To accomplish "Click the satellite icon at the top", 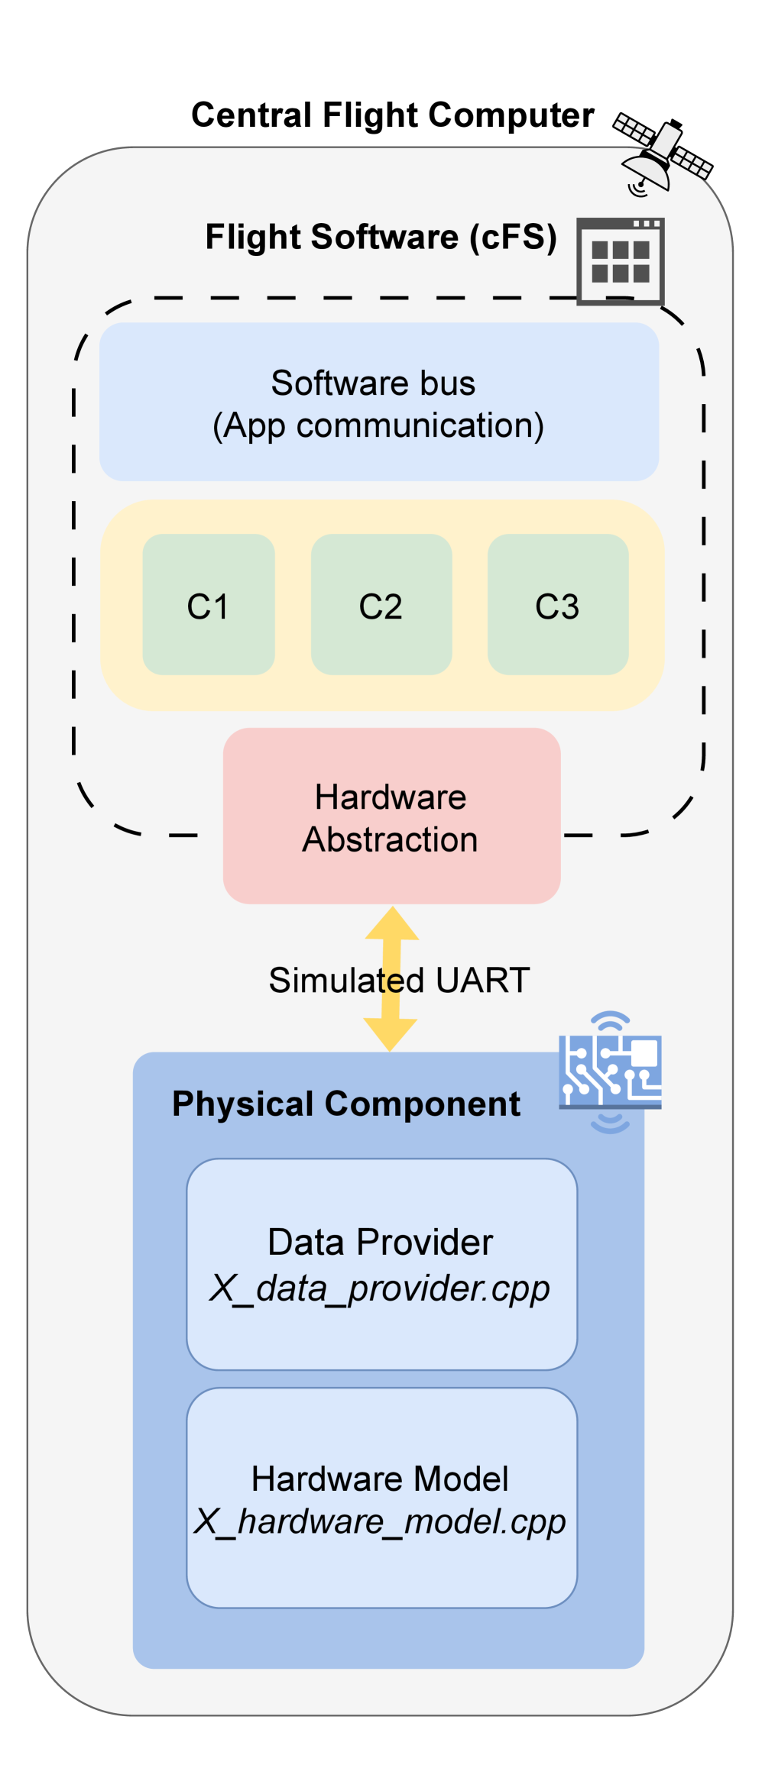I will [662, 157].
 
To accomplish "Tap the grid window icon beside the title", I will [620, 261].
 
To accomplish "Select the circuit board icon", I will [610, 1072].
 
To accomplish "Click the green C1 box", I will [209, 604].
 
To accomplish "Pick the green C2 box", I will [381, 604].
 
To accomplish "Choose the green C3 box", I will [558, 604].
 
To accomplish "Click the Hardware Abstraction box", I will [391, 816].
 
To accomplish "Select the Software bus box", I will [379, 402].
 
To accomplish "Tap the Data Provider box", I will [381, 1264].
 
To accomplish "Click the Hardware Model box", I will [381, 1498].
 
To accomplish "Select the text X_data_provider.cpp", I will [380, 1288].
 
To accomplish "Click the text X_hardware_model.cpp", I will [380, 1521].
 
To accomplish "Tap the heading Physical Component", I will [346, 1104].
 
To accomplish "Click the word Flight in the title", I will [253, 238].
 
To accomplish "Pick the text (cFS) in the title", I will [513, 238].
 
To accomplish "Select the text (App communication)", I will [378, 426].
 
